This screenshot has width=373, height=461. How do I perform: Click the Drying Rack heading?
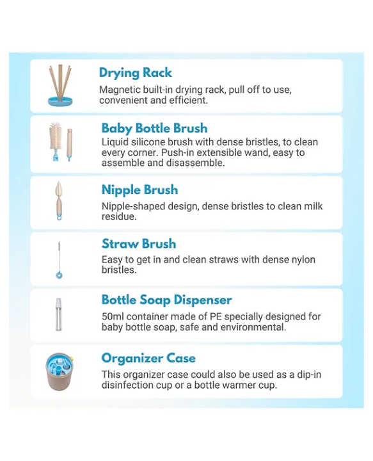[x=136, y=73]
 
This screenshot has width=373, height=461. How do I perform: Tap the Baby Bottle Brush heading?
[x=154, y=128]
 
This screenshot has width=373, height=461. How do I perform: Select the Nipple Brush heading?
[x=140, y=190]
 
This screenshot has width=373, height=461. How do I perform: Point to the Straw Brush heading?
[x=139, y=244]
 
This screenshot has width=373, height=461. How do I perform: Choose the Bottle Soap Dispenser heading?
[x=167, y=300]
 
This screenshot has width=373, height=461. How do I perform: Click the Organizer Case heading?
[x=148, y=359]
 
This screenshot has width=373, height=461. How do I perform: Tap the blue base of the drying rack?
[x=60, y=102]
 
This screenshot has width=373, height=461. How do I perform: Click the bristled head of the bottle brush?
[x=56, y=134]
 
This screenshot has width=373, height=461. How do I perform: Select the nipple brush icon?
[x=59, y=201]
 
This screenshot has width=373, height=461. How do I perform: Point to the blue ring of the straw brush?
[x=59, y=275]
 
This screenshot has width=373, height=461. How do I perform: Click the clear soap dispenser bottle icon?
[x=59, y=314]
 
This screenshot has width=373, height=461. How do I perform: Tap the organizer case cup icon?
[x=59, y=372]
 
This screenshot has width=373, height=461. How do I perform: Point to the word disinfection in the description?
[x=136, y=385]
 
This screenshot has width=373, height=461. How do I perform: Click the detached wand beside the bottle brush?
[x=69, y=144]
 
